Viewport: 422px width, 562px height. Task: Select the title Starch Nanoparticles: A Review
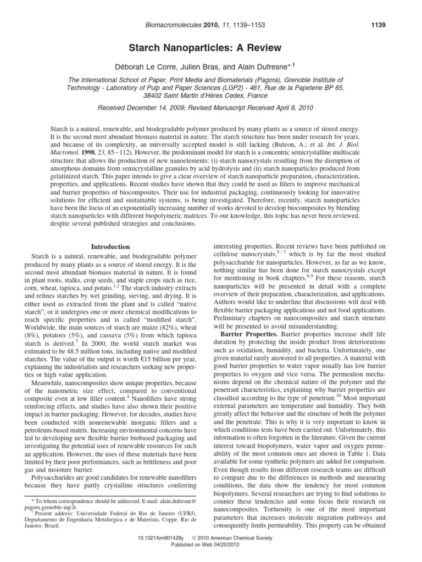pos(211,48)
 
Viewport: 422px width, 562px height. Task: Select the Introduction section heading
pos(110,247)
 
